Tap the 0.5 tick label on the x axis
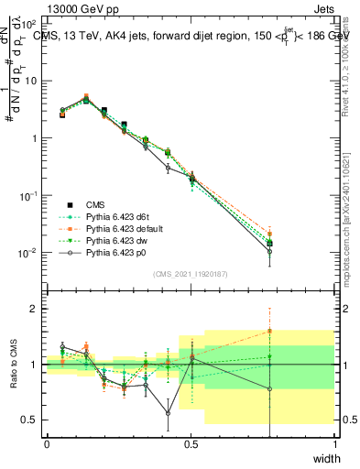tap(191, 443)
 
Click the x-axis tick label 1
tap(335, 443)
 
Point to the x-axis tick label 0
tap(47, 443)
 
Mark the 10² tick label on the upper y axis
tap(30, 23)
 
